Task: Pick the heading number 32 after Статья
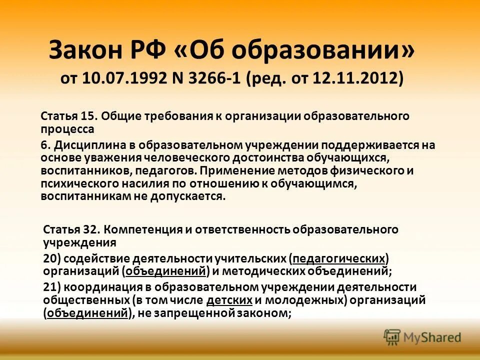pyautogui.click(x=89, y=230)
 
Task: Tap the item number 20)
pyautogui.click(x=53, y=259)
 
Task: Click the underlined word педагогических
pyautogui.click(x=339, y=259)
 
